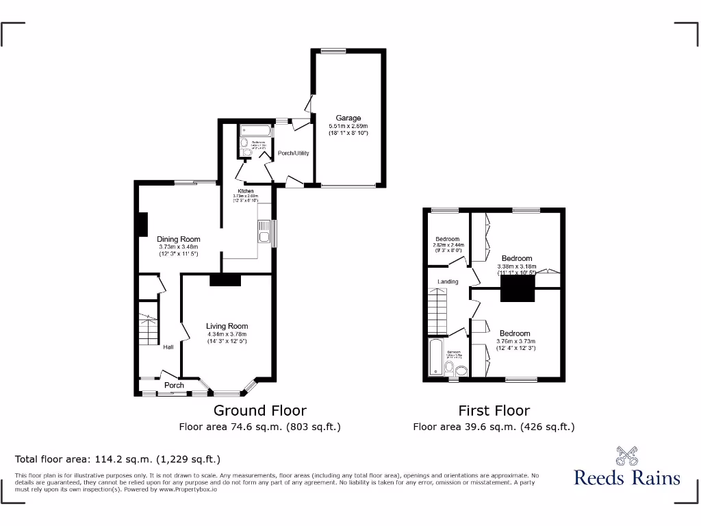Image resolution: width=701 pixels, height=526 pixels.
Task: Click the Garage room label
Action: pyautogui.click(x=348, y=118)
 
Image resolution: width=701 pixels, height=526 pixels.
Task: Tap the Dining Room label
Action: pyautogui.click(x=179, y=239)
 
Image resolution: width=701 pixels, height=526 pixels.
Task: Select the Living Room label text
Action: pyautogui.click(x=227, y=326)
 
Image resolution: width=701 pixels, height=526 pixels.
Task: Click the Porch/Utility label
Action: pyautogui.click(x=293, y=153)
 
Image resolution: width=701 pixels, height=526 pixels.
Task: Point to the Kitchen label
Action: pyautogui.click(x=246, y=191)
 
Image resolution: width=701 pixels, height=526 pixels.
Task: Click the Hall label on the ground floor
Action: pyautogui.click(x=168, y=347)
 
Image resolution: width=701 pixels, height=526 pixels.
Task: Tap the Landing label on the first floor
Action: pyautogui.click(x=448, y=281)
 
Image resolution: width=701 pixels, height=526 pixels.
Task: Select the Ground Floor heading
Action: pyautogui.click(x=260, y=410)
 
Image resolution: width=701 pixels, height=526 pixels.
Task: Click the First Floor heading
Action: pyautogui.click(x=494, y=410)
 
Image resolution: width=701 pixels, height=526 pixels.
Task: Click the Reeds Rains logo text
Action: pyautogui.click(x=627, y=477)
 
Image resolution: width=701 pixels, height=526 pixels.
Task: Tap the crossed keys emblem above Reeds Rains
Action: pyautogui.click(x=627, y=455)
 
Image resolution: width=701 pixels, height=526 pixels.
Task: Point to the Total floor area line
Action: pyautogui.click(x=118, y=460)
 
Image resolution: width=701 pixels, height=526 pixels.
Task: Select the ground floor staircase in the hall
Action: pyautogui.click(x=149, y=329)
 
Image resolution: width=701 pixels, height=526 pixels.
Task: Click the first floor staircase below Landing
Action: pyautogui.click(x=437, y=309)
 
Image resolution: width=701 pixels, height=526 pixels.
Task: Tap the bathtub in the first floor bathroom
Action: pyautogui.click(x=435, y=357)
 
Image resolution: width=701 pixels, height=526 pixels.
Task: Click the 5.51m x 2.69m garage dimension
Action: pyautogui.click(x=348, y=126)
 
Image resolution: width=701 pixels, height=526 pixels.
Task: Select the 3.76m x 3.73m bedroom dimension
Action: pyautogui.click(x=515, y=341)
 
